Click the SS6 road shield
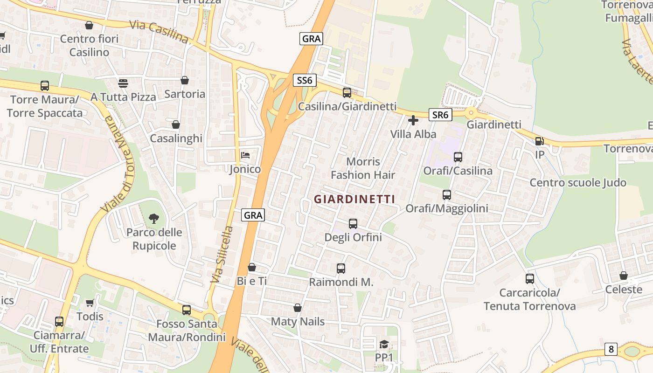pos(305,80)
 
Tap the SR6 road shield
pos(440,115)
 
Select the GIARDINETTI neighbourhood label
pos(354,199)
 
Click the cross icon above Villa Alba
pos(413,121)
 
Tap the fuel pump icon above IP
pos(539,141)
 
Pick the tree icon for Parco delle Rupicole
pos(153,218)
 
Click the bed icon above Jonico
pos(245,155)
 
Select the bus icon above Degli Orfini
pos(353,224)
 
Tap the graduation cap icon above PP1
pos(384,344)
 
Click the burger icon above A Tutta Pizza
pos(123,83)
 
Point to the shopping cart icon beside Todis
pos(90,303)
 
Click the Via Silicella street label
pos(221,255)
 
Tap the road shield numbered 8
pos(611,349)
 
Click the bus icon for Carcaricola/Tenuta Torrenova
pos(530,279)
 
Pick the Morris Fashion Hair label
pos(363,168)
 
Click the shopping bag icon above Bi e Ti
pos(252,267)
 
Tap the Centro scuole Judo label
pos(577,182)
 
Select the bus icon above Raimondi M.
pos(341,269)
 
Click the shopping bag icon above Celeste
pos(624,276)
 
